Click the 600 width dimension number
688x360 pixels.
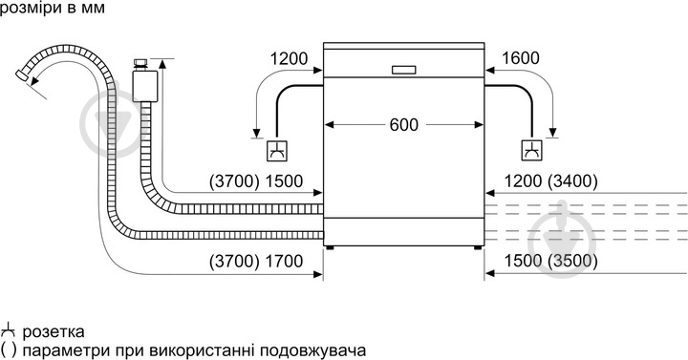405,124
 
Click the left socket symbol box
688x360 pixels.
275,150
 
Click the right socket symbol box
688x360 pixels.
532,150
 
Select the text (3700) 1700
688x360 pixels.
257,261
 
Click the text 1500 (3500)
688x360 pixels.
551,261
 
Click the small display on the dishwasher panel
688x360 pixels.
404,69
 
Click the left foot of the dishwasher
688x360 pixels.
331,248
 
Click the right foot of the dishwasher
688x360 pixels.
476,248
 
